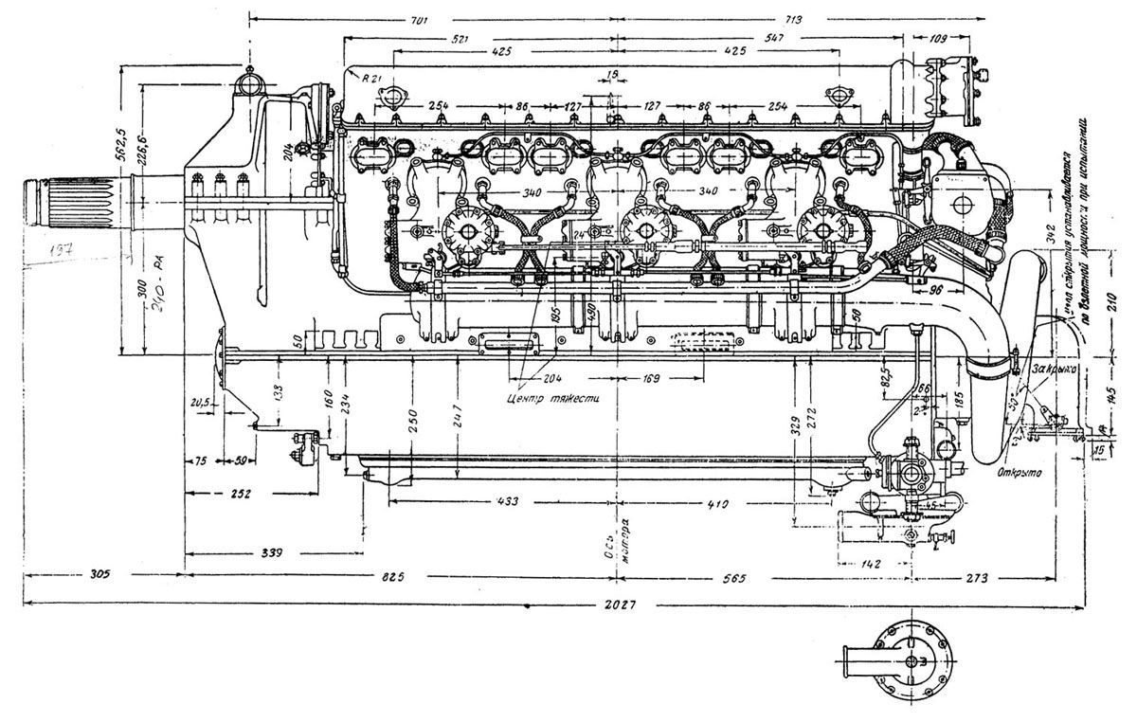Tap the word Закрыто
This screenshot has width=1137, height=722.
[x=1050, y=370]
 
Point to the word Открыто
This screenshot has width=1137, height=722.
[x=1020, y=471]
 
